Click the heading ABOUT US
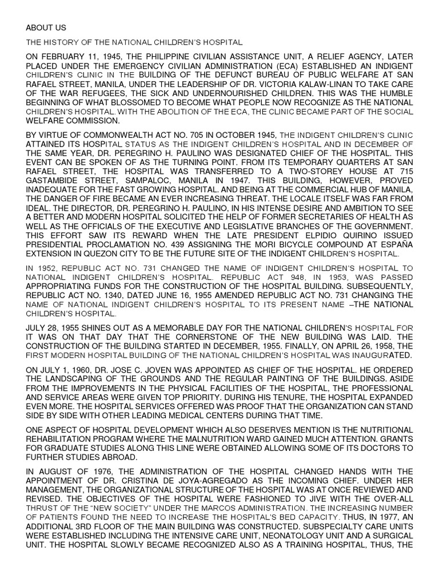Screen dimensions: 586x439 click(x=46, y=27)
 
